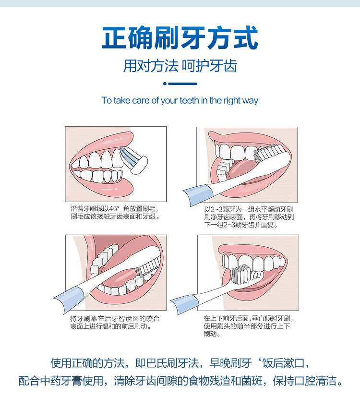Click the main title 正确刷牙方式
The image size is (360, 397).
(x=180, y=38)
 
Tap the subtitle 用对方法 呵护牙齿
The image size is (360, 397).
(x=180, y=66)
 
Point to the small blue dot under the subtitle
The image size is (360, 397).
(x=165, y=84)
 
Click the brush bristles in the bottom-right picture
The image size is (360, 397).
(x=239, y=274)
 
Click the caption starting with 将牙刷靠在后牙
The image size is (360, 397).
(x=115, y=322)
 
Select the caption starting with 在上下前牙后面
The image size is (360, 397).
(x=248, y=325)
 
